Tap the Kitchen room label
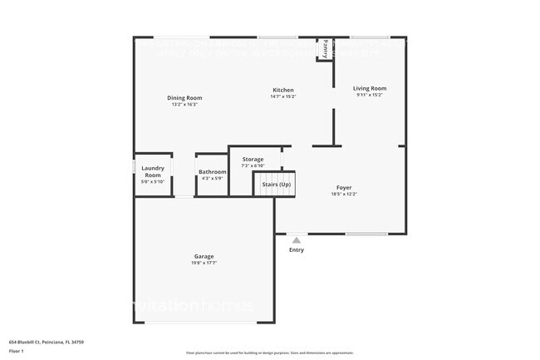click(282, 90)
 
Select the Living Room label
click(369, 88)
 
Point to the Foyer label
click(344, 187)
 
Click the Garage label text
click(204, 256)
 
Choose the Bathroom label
click(213, 171)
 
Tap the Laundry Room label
click(153, 172)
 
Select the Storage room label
click(253, 159)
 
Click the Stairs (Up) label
click(275, 184)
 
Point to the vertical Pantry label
click(325, 48)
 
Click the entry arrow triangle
click(296, 240)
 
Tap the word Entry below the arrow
click(297, 249)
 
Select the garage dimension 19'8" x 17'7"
click(204, 263)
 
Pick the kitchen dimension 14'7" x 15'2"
click(282, 96)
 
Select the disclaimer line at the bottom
click(269, 353)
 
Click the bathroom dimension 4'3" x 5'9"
click(213, 178)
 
